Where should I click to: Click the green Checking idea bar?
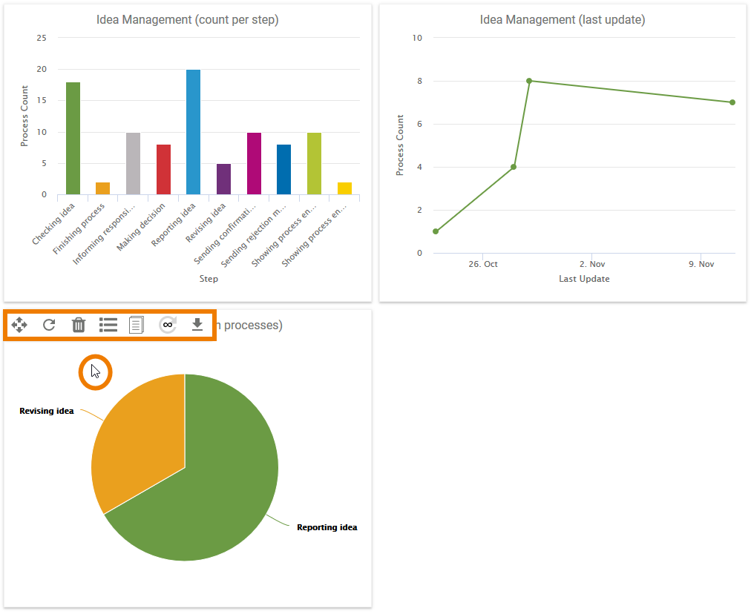73,139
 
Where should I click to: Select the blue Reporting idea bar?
193,132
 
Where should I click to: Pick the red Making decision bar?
163,169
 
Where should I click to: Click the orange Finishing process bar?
102,188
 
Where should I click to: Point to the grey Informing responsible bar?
133,163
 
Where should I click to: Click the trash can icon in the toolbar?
79,325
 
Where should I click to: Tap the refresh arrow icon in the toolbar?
49,325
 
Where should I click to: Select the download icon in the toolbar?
197,325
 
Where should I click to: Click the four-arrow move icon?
19,325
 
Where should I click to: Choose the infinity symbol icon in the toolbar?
168,325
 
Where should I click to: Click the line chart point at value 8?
529,81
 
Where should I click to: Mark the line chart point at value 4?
514,167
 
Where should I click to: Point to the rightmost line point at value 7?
732,102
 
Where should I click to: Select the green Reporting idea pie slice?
215,489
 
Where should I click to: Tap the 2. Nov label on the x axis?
592,264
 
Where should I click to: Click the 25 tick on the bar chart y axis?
42,38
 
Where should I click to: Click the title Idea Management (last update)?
563,20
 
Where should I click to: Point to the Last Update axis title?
584,279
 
